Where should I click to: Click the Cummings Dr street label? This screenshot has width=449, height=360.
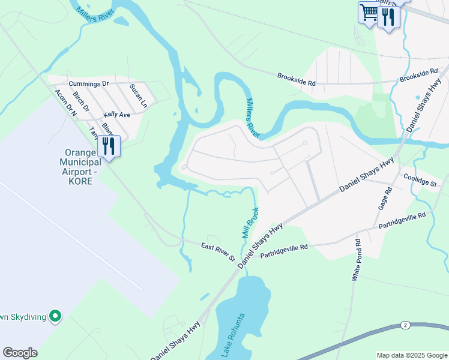(x=88, y=83)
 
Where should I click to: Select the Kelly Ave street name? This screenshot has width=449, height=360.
(x=116, y=114)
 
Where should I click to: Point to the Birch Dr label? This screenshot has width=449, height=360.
(x=80, y=101)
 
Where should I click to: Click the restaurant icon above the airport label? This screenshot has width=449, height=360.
(x=108, y=146)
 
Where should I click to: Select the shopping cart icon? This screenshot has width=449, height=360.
(x=369, y=13)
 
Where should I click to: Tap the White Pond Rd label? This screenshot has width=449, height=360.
(x=357, y=260)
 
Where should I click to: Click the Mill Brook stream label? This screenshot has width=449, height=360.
(x=250, y=223)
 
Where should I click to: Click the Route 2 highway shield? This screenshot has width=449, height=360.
(x=406, y=325)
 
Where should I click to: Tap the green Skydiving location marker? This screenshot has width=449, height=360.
(x=55, y=315)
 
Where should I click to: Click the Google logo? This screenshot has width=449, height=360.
(x=20, y=353)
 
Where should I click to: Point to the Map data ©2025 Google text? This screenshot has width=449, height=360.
(x=411, y=355)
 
